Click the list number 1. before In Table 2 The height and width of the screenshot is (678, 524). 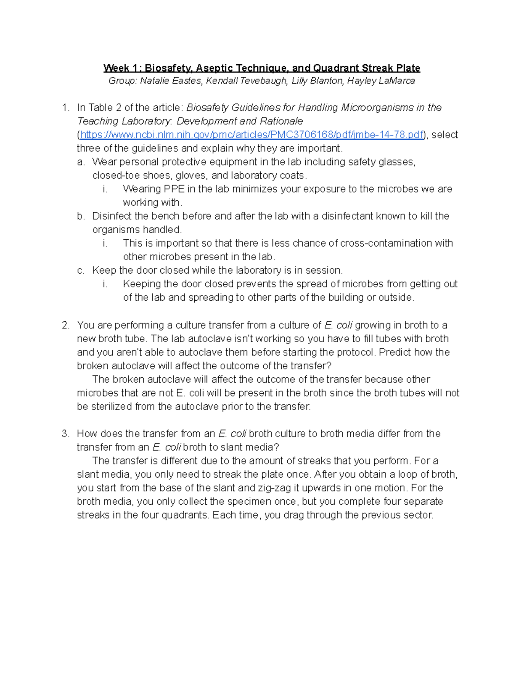tap(65, 107)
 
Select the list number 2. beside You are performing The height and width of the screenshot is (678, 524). tap(65, 325)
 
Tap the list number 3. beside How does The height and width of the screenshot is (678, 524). tap(65, 434)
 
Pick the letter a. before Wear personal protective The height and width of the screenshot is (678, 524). tap(81, 162)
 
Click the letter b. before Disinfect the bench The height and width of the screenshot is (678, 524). tap(81, 216)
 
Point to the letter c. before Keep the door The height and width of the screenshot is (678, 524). tap(81, 270)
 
